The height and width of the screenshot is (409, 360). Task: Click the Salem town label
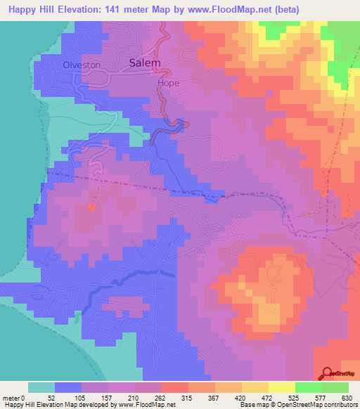(x=146, y=63)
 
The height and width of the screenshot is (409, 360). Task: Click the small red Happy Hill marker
(x=91, y=206)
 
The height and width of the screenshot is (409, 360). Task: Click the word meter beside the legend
(x=11, y=398)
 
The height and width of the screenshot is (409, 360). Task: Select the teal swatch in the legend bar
(x=41, y=387)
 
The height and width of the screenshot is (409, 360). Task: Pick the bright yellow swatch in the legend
(x=281, y=387)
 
